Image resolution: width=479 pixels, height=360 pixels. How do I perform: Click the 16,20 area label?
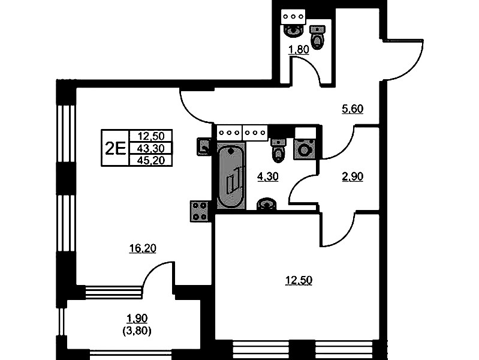pos(143,248)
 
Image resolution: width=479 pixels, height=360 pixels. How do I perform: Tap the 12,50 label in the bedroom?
pos(299,280)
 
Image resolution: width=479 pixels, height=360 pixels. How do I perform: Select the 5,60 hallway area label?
pos(353,109)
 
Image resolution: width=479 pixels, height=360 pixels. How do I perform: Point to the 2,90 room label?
pos(353,176)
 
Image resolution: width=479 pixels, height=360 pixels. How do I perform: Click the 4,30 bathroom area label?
pos(268,176)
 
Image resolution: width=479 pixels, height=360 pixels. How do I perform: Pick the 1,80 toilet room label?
pos(299,49)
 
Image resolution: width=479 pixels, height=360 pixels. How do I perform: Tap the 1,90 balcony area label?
pos(137,319)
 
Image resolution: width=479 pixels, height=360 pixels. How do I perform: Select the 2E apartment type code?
pos(116,149)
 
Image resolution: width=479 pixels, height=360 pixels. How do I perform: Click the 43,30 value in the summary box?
pos(151,148)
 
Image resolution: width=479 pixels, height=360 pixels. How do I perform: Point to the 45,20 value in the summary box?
pos(151,160)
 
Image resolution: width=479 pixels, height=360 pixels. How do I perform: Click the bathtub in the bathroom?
pos(231,176)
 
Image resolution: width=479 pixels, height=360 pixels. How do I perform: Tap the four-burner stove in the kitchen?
pos(199,211)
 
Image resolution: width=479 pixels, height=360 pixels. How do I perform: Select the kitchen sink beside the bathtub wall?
pos(204,146)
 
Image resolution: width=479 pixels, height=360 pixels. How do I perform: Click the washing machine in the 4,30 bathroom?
pos(304,149)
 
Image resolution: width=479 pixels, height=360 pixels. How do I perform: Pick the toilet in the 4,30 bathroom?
pos(278,150)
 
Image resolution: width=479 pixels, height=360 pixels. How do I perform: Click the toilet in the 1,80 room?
pos(318,38)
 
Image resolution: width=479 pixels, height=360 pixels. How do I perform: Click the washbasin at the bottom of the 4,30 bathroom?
pos(267,204)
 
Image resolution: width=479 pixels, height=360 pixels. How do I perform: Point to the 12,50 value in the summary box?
pos(151,136)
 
